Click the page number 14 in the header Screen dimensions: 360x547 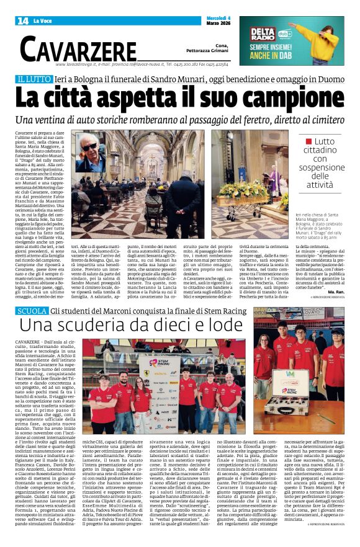(22, 21)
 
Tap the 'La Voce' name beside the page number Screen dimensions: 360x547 (42, 21)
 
